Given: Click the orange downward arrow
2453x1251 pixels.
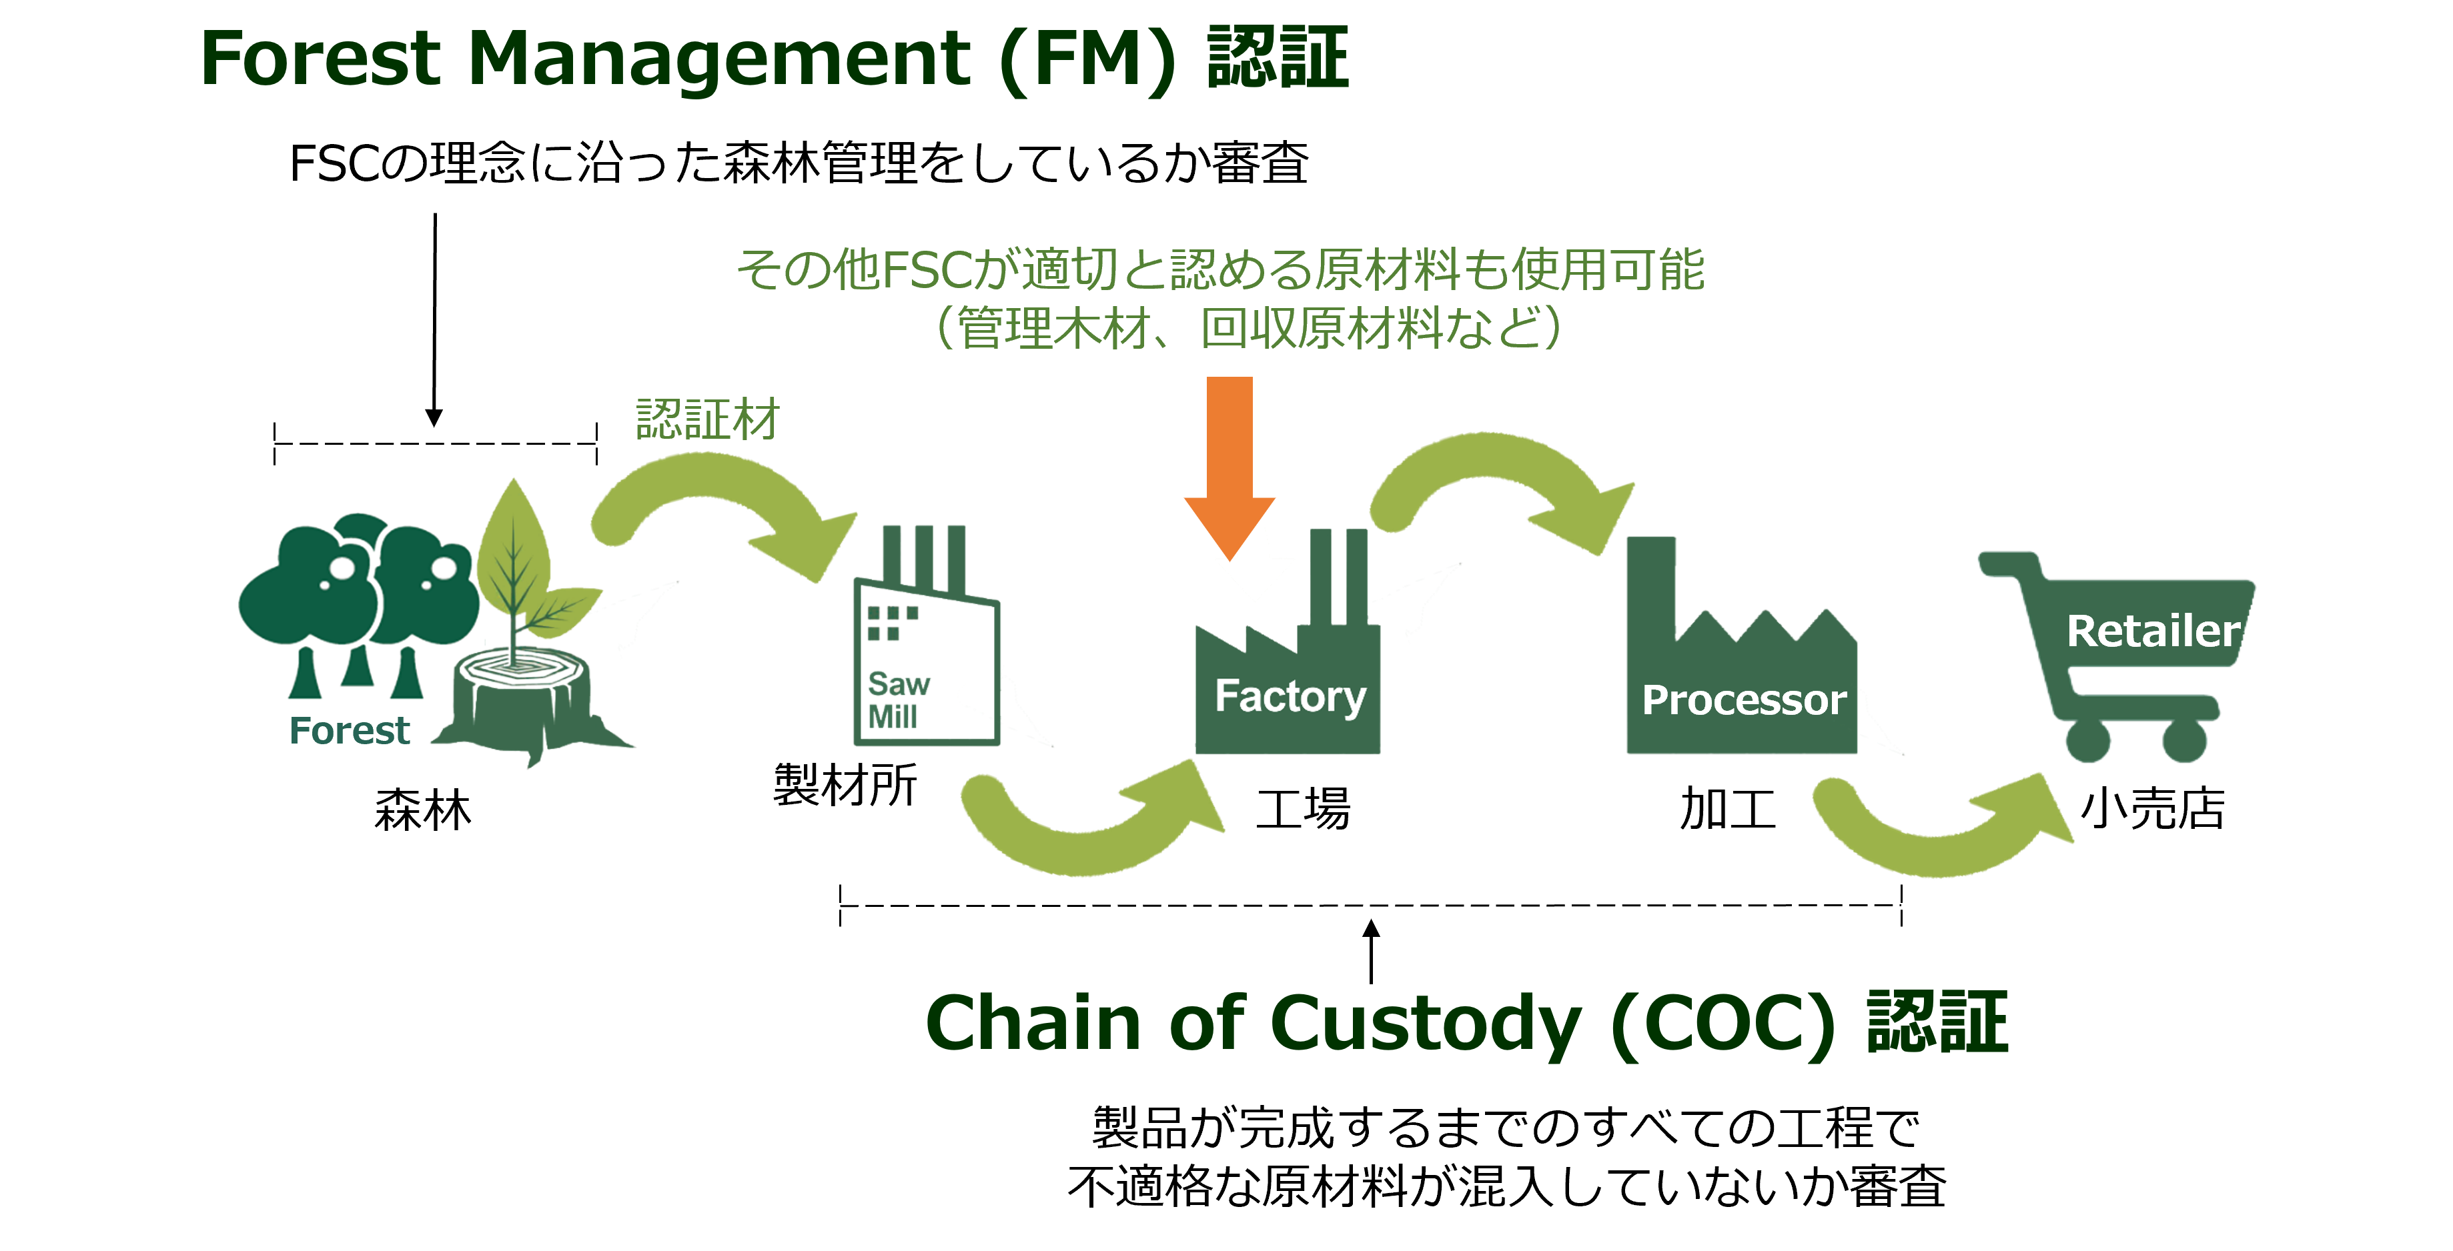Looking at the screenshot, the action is (1230, 467).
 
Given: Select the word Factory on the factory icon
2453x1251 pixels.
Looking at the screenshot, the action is (1290, 697).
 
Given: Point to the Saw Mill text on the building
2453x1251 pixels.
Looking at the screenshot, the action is (898, 700).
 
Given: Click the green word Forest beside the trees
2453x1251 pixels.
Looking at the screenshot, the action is (350, 730).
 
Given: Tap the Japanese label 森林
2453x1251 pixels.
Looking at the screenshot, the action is (423, 810).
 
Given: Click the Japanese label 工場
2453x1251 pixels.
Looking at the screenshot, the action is (1303, 810).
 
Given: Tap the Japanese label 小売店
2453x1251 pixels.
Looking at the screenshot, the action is (2152, 810).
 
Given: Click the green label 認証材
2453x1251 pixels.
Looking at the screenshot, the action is (708, 420).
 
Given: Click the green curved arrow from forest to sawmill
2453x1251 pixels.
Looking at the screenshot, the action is (709, 476).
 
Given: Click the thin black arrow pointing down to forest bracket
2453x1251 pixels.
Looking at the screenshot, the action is (434, 320).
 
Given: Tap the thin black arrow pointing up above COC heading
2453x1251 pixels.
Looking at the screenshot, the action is (1371, 951).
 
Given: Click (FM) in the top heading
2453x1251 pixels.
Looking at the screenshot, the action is (1089, 59).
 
